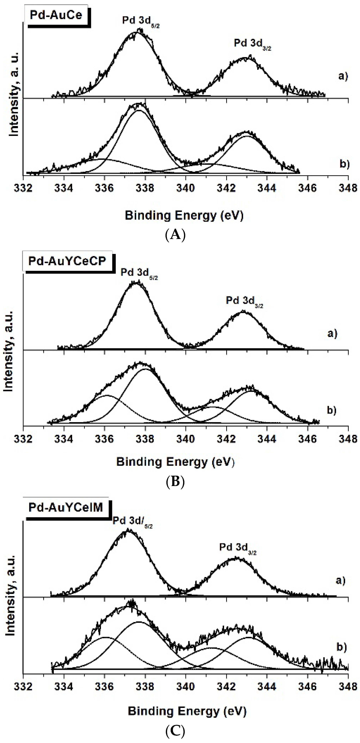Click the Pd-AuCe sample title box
click(56, 15)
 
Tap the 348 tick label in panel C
click(348, 687)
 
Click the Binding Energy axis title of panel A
click(184, 215)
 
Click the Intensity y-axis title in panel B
click(9, 351)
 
